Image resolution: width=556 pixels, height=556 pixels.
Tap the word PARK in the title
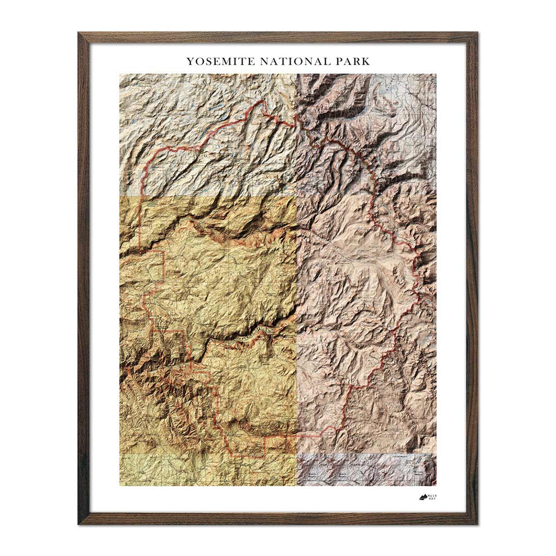pos(350,61)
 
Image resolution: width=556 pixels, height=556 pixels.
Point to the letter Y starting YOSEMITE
pos(190,61)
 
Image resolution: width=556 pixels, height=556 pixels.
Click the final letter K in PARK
pos(366,61)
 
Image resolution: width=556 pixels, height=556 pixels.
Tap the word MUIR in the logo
pos(432,496)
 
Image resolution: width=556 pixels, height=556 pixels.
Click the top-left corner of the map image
pos(120,74)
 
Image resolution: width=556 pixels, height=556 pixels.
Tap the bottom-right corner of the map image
pos(436,486)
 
